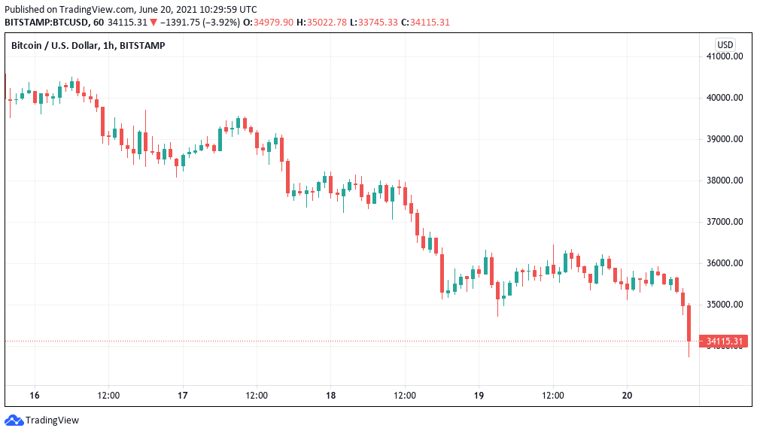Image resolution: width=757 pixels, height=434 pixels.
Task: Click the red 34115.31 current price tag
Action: [x=724, y=341]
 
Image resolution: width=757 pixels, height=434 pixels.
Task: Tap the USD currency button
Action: [x=725, y=44]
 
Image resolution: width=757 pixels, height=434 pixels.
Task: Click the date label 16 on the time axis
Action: [x=34, y=395]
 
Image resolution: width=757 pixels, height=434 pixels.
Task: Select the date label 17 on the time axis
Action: [x=183, y=395]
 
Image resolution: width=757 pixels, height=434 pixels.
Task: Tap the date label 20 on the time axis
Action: [x=628, y=395]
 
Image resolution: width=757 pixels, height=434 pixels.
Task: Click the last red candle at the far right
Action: [x=689, y=323]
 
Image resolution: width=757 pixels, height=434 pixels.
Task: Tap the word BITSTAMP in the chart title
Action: [x=142, y=46]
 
